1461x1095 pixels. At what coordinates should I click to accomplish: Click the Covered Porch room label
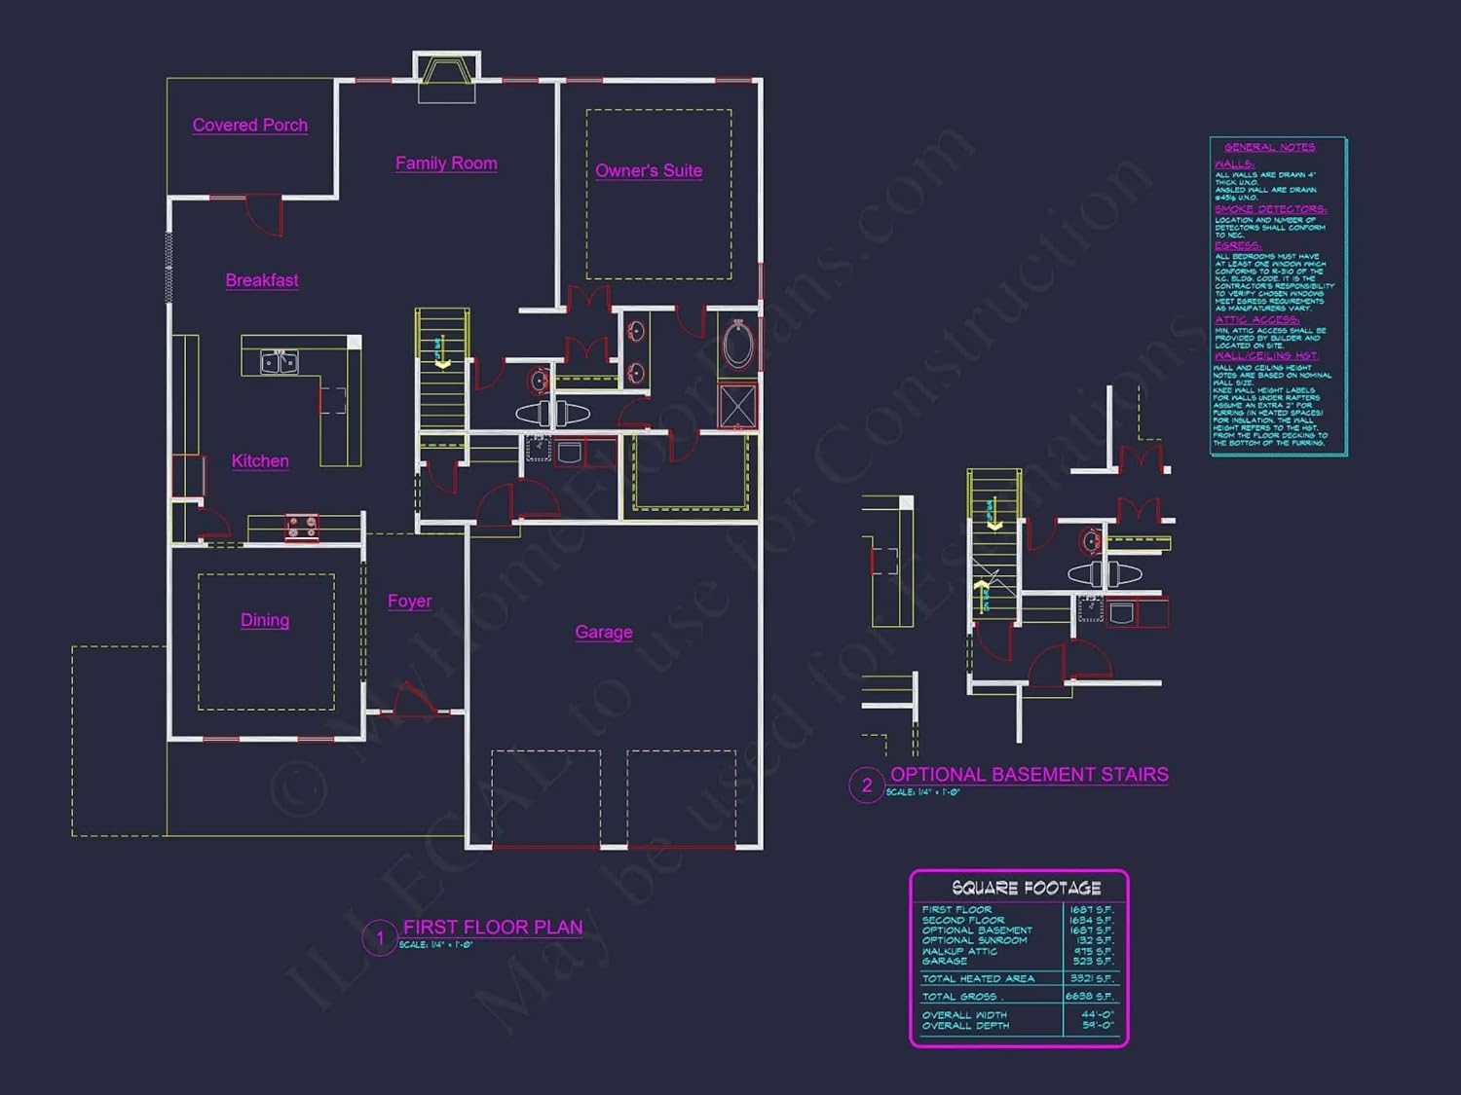[x=250, y=126]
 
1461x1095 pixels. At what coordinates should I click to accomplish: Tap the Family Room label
[x=446, y=164]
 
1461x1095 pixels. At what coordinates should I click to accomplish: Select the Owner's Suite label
[x=649, y=171]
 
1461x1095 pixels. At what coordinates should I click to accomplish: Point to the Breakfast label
[x=262, y=280]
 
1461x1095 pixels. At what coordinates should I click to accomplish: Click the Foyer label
[x=409, y=602]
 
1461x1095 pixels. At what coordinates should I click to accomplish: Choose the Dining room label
[x=265, y=620]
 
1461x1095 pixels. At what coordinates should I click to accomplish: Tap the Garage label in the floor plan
[x=604, y=633]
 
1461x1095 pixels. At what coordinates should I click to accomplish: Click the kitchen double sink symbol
[x=280, y=362]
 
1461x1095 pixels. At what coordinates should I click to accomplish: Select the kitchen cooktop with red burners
[x=302, y=527]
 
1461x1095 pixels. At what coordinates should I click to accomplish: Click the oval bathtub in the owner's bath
[x=738, y=345]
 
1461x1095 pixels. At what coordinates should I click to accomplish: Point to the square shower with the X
[x=737, y=406]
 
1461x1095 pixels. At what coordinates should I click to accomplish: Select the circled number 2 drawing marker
[x=867, y=785]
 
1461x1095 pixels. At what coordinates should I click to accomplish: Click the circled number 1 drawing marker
[x=380, y=938]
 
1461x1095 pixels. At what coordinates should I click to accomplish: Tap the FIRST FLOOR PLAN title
[x=493, y=928]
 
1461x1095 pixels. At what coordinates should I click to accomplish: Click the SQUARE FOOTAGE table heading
[x=1026, y=888]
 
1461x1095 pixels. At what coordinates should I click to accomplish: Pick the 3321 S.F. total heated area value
[x=1091, y=978]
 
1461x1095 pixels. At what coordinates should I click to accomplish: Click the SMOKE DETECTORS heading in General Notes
[x=1270, y=209]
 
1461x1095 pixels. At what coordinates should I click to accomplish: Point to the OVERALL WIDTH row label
[x=964, y=1014]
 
